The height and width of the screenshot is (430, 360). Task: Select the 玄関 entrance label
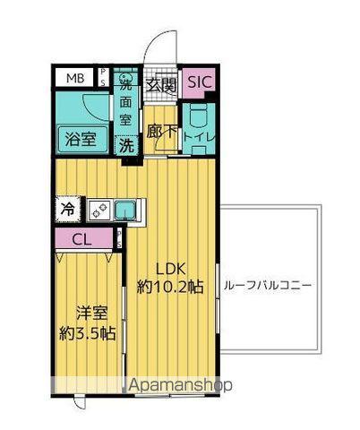pos(162,86)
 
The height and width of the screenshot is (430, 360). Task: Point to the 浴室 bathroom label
pos(80,139)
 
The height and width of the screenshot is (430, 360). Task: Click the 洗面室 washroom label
pos(127,99)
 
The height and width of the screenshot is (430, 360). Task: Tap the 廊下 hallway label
pos(161,132)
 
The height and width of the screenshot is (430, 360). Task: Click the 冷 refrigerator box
pos(68,209)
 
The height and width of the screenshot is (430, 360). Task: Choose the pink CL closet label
pos(81,239)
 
